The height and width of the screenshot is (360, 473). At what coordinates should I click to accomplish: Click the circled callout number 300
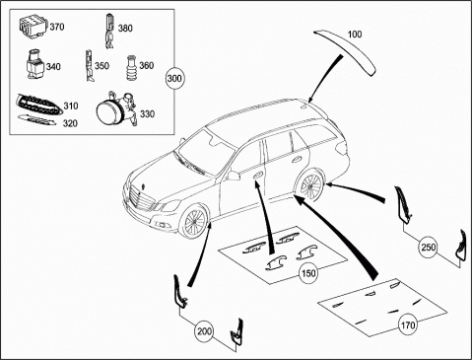pyautogui.click(x=174, y=78)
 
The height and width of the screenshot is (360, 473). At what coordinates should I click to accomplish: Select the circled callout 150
pyautogui.click(x=308, y=273)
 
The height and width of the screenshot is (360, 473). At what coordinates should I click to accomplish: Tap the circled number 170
pyautogui.click(x=408, y=325)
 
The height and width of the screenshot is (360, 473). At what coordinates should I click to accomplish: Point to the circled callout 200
pyautogui.click(x=204, y=331)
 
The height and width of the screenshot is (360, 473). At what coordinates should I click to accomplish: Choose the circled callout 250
pyautogui.click(x=429, y=247)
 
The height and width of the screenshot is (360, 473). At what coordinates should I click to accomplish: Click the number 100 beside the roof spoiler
pyautogui.click(x=355, y=35)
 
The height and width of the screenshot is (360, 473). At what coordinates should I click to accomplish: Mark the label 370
pyautogui.click(x=57, y=27)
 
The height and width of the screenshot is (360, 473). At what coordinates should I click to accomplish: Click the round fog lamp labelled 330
pyautogui.click(x=116, y=108)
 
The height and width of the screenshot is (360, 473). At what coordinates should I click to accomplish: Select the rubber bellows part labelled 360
pyautogui.click(x=132, y=67)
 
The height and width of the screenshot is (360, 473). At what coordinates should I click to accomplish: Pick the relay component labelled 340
pyautogui.click(x=35, y=64)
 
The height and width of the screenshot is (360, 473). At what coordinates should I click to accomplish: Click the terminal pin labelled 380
pyautogui.click(x=109, y=32)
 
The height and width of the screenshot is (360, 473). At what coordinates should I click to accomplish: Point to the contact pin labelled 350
pyautogui.click(x=90, y=66)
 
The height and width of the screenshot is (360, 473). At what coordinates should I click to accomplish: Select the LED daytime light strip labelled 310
pyautogui.click(x=38, y=105)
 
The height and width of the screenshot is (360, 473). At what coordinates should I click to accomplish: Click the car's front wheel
pyautogui.click(x=193, y=221)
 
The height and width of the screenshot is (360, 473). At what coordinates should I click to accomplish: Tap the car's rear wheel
pyautogui.click(x=309, y=185)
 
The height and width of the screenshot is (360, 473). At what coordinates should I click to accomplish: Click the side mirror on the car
pyautogui.click(x=233, y=176)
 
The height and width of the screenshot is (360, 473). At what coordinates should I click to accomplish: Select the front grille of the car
pyautogui.click(x=142, y=199)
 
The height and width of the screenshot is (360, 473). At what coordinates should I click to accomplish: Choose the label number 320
pyautogui.click(x=70, y=123)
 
